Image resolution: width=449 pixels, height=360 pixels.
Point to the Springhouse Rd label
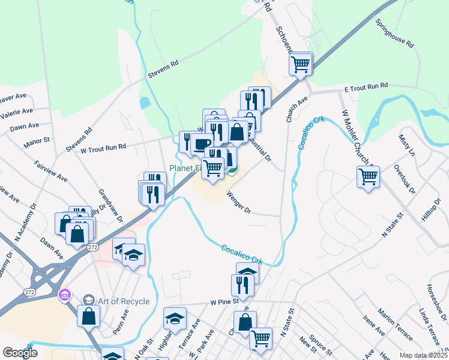394,34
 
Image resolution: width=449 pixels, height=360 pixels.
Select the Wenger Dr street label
238,202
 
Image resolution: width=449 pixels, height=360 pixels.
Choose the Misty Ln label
406,146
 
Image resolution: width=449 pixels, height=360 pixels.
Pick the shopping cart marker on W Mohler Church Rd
368,177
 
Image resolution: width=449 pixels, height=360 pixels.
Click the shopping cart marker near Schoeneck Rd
300,64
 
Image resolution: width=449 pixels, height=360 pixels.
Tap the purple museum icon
65,295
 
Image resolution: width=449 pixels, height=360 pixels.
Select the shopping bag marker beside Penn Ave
88,315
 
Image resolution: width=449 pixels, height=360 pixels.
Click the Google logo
20,353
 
